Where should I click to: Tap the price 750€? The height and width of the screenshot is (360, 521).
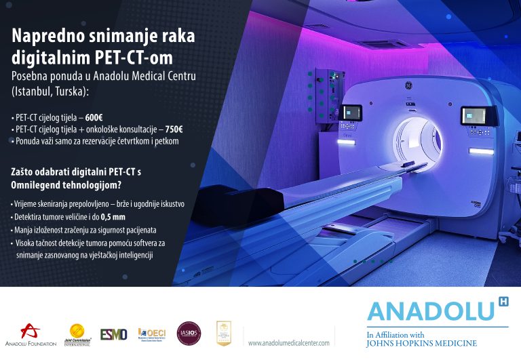(175, 129)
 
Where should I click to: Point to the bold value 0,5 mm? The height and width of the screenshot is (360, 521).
(113, 217)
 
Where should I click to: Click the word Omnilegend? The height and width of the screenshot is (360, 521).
(37, 184)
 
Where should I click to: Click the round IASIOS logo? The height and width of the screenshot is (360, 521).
(189, 333)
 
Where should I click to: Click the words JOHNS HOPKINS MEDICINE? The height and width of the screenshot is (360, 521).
(421, 343)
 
